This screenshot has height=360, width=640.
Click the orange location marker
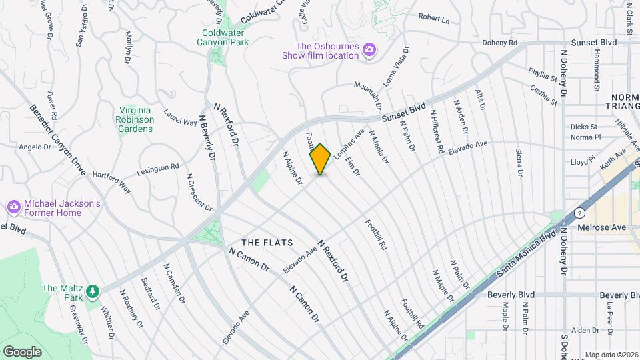click(x=321, y=159)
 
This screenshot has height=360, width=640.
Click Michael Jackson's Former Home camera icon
click(x=13, y=207)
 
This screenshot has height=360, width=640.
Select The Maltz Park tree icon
click(x=91, y=291)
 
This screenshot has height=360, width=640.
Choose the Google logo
click(x=22, y=351)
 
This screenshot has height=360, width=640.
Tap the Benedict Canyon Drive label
click(x=59, y=139)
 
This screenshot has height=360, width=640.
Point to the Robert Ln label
click(x=434, y=18)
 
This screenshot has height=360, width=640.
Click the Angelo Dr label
click(x=31, y=147)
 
